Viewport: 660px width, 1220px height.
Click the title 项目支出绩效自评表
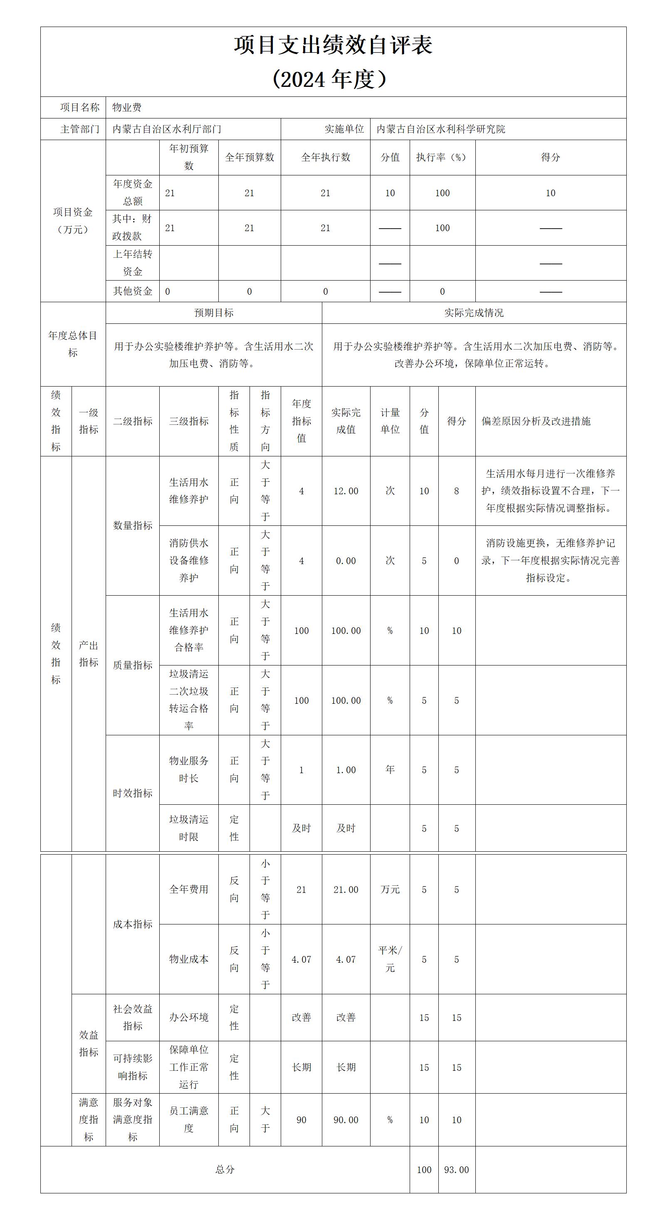pyautogui.click(x=333, y=45)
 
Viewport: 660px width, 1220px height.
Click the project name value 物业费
pyautogui.click(x=127, y=108)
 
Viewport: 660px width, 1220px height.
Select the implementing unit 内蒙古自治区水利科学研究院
pyautogui.click(x=441, y=129)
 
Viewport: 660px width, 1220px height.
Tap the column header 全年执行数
pyautogui.click(x=326, y=157)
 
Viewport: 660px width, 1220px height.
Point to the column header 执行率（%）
pyautogui.click(x=442, y=157)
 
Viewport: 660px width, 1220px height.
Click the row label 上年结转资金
pyautogui.click(x=133, y=263)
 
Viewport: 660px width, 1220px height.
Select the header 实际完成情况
pyautogui.click(x=474, y=313)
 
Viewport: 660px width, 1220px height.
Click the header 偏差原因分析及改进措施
pyautogui.click(x=536, y=421)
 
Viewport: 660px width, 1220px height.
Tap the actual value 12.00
pyautogui.click(x=346, y=491)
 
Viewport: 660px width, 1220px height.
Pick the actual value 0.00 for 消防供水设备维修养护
pyautogui.click(x=346, y=561)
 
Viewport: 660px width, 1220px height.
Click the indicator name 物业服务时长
pyautogui.click(x=188, y=769)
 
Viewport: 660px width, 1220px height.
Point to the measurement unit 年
pyautogui.click(x=390, y=769)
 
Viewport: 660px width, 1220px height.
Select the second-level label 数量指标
pyautogui.click(x=133, y=525)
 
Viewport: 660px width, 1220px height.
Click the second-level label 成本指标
pyautogui.click(x=133, y=924)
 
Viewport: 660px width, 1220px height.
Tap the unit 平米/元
pyautogui.click(x=390, y=959)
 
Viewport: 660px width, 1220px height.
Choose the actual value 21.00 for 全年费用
pyautogui.click(x=346, y=890)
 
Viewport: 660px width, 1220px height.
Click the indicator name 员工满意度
pyautogui.click(x=188, y=1119)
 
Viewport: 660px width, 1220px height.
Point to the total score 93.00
pyautogui.click(x=456, y=1170)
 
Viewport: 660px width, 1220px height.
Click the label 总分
pyautogui.click(x=225, y=1170)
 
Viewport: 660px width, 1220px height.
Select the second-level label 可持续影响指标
pyautogui.click(x=133, y=1067)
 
